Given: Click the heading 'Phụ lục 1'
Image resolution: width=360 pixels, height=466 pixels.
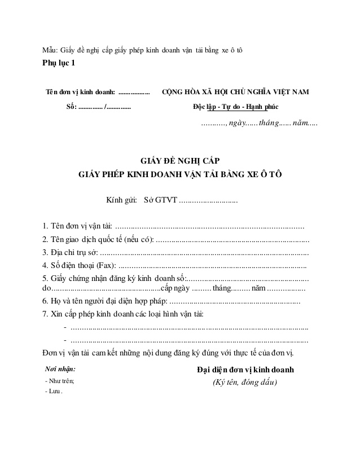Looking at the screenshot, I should [x=58, y=63].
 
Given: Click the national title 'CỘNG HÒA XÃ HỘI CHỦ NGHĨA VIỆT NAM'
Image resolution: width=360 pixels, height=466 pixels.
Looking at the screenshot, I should [x=235, y=92].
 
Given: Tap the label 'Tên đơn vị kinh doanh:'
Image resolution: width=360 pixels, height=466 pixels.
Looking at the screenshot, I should [x=80, y=92].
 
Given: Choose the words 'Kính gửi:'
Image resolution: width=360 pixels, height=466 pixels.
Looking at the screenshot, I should [x=121, y=200].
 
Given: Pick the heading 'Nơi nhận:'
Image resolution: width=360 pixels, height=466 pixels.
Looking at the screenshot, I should [x=60, y=369].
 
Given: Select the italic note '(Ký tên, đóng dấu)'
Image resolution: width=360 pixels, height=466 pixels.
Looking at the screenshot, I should [x=245, y=383].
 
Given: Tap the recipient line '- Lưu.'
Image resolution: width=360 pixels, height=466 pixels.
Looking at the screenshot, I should [x=54, y=392].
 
